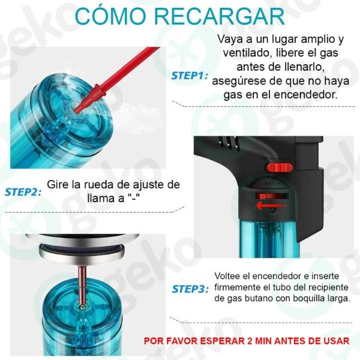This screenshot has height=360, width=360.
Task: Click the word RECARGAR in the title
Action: [220, 17]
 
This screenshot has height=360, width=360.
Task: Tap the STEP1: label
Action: [190, 76]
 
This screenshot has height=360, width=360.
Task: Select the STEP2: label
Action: [23, 192]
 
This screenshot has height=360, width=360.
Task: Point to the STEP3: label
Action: [190, 289]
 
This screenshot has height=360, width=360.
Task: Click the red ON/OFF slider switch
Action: [280, 168]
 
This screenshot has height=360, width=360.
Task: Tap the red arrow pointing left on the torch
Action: [271, 205]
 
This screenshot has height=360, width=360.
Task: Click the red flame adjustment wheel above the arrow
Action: [272, 196]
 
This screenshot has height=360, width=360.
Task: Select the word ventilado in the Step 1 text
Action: [248, 53]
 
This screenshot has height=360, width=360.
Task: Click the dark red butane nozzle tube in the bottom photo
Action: [82, 285]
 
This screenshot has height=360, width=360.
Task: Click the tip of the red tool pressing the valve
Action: [76, 111]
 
